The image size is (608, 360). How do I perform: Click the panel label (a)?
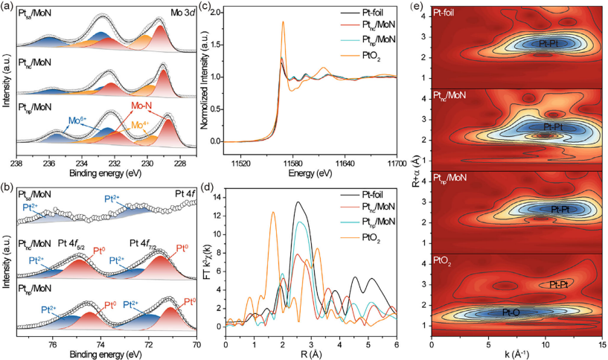(x=7, y=6)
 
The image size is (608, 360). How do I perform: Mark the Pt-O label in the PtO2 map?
(x=516, y=312)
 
